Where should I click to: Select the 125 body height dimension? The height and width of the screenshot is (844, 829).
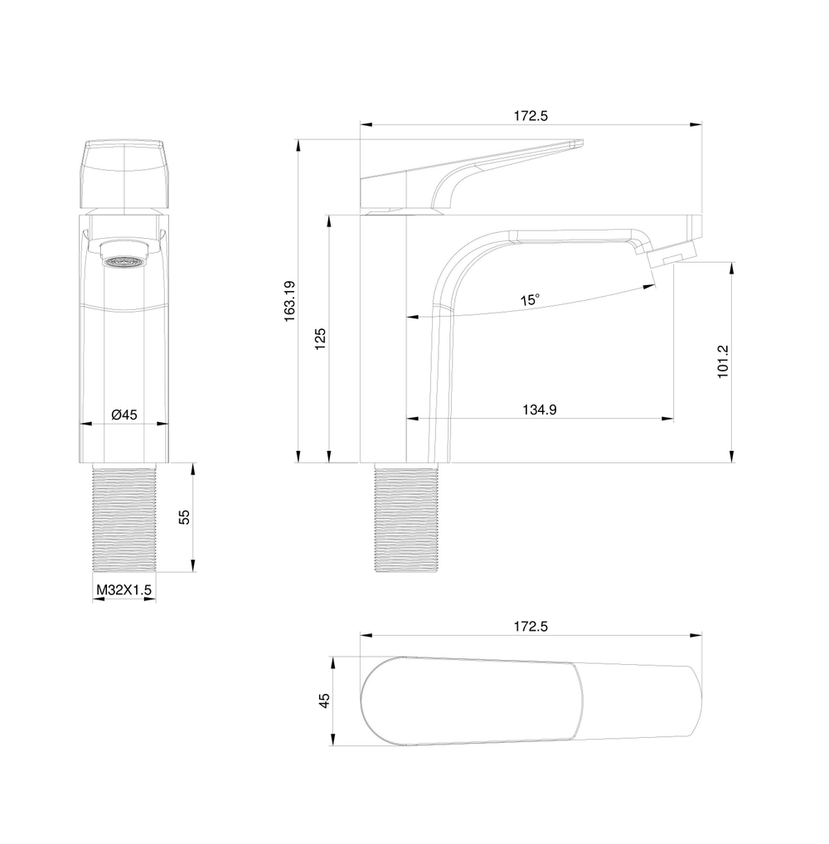pyautogui.click(x=322, y=340)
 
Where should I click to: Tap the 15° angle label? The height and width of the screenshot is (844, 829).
pyautogui.click(x=531, y=300)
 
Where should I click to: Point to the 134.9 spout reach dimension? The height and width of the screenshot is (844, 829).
pyautogui.click(x=539, y=409)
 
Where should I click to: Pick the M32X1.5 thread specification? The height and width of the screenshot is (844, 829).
pyautogui.click(x=124, y=589)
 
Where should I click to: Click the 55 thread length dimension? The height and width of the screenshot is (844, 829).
pyautogui.click(x=185, y=517)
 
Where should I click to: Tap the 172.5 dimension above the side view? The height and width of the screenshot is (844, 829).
pyautogui.click(x=531, y=116)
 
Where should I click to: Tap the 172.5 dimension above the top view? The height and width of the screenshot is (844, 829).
pyautogui.click(x=531, y=627)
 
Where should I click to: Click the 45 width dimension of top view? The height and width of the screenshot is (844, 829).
pyautogui.click(x=325, y=701)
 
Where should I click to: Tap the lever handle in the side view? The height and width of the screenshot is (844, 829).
pyautogui.click(x=473, y=170)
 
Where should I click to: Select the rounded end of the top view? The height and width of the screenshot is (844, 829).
pyautogui.click(x=373, y=701)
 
